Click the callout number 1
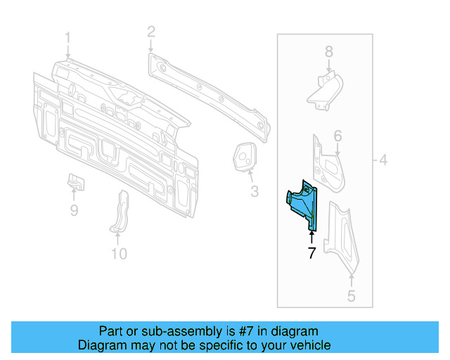pyautogui.click(x=68, y=37)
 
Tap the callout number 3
pyautogui.click(x=254, y=191)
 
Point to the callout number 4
pyautogui.click(x=383, y=160)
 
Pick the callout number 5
pyautogui.click(x=351, y=296)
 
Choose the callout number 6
pyautogui.click(x=337, y=136)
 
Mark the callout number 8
pyautogui.click(x=328, y=51)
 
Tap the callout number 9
pyautogui.click(x=74, y=210)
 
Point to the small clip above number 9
pyautogui.click(x=75, y=181)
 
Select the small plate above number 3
pyautogui.click(x=245, y=155)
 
